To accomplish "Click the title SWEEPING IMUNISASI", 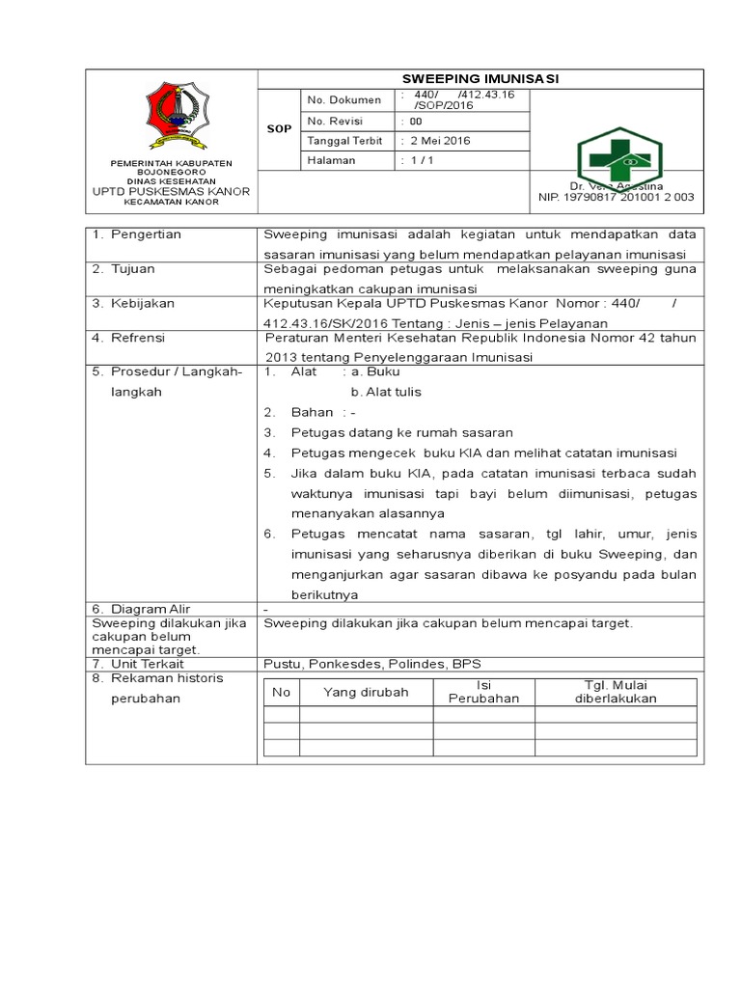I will (x=480, y=79).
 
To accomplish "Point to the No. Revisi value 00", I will (x=415, y=121).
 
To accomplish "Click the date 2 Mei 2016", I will (x=440, y=141).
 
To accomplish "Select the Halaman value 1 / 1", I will (x=421, y=161).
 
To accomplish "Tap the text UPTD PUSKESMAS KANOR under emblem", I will (x=170, y=191).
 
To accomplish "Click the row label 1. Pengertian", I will (x=137, y=234).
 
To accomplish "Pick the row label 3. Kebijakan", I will (x=133, y=304).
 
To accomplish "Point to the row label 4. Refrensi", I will (x=129, y=339).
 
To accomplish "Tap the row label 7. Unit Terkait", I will (x=139, y=664).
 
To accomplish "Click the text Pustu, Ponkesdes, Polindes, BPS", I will (x=371, y=664).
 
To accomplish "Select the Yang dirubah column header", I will (x=366, y=692).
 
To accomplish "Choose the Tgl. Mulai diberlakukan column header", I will (x=616, y=692).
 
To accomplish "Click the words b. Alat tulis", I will (x=386, y=392).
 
